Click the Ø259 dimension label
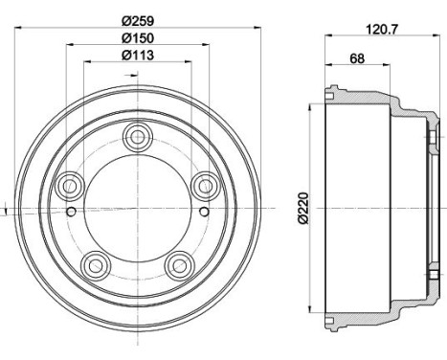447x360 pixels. pyautogui.click(x=140, y=16)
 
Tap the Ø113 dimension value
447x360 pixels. pyautogui.click(x=140, y=55)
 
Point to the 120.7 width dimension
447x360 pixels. pyautogui.click(x=380, y=29)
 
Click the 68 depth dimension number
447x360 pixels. pyautogui.click(x=356, y=58)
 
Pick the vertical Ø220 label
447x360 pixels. pyautogui.click(x=303, y=207)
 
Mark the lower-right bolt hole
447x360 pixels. pyautogui.click(x=179, y=263)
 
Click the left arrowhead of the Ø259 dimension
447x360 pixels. pyautogui.click(x=18, y=25)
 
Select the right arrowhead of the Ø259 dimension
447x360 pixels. pyautogui.click(x=258, y=25)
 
